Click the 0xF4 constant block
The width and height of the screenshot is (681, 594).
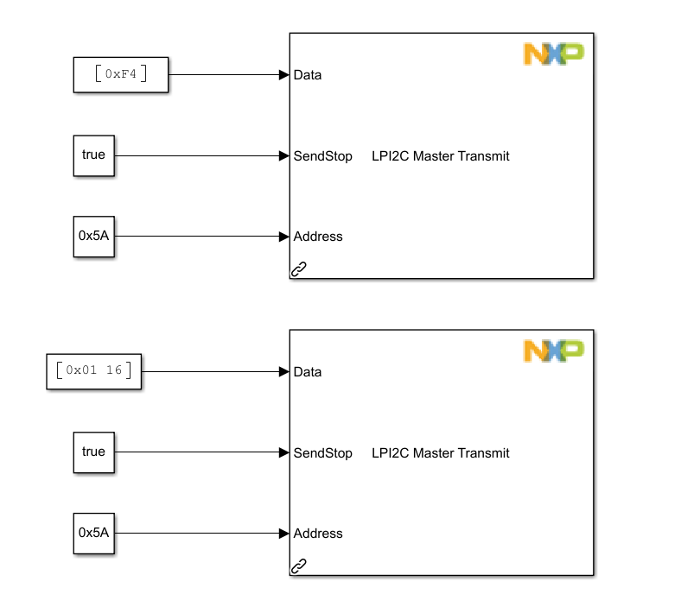click(x=120, y=74)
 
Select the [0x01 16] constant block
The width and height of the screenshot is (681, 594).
click(x=93, y=371)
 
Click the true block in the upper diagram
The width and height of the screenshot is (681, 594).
click(x=93, y=155)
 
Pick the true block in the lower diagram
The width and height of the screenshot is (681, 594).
click(x=93, y=452)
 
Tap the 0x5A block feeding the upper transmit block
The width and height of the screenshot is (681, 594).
click(x=93, y=236)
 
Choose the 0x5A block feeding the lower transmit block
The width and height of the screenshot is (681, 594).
click(x=93, y=533)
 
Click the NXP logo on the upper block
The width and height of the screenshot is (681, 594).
click(x=554, y=54)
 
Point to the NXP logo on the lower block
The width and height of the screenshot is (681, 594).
click(x=554, y=351)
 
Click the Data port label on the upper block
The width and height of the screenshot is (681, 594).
click(x=308, y=75)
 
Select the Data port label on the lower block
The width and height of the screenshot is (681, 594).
click(x=308, y=372)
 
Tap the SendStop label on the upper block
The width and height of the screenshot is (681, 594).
click(x=323, y=156)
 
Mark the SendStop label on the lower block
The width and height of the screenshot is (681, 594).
click(x=323, y=453)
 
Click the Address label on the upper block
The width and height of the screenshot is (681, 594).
click(x=318, y=237)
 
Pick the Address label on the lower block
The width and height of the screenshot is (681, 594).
click(x=318, y=534)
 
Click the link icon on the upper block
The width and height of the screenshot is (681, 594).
click(x=299, y=269)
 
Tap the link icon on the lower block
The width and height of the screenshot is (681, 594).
click(x=299, y=566)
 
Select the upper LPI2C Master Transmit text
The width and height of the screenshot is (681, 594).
click(x=440, y=156)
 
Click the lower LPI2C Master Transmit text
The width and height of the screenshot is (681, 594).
click(x=440, y=453)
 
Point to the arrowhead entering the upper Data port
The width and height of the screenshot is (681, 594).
click(x=283, y=75)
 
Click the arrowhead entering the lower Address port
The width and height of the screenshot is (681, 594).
click(x=283, y=534)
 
